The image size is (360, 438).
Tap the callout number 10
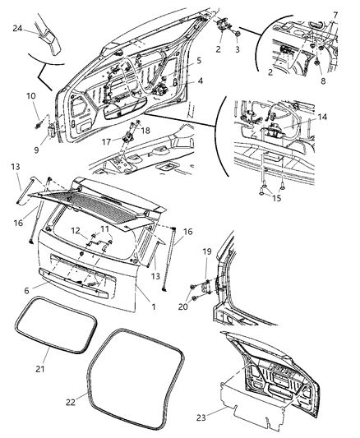(31, 97)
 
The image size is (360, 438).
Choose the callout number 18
(147, 130)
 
